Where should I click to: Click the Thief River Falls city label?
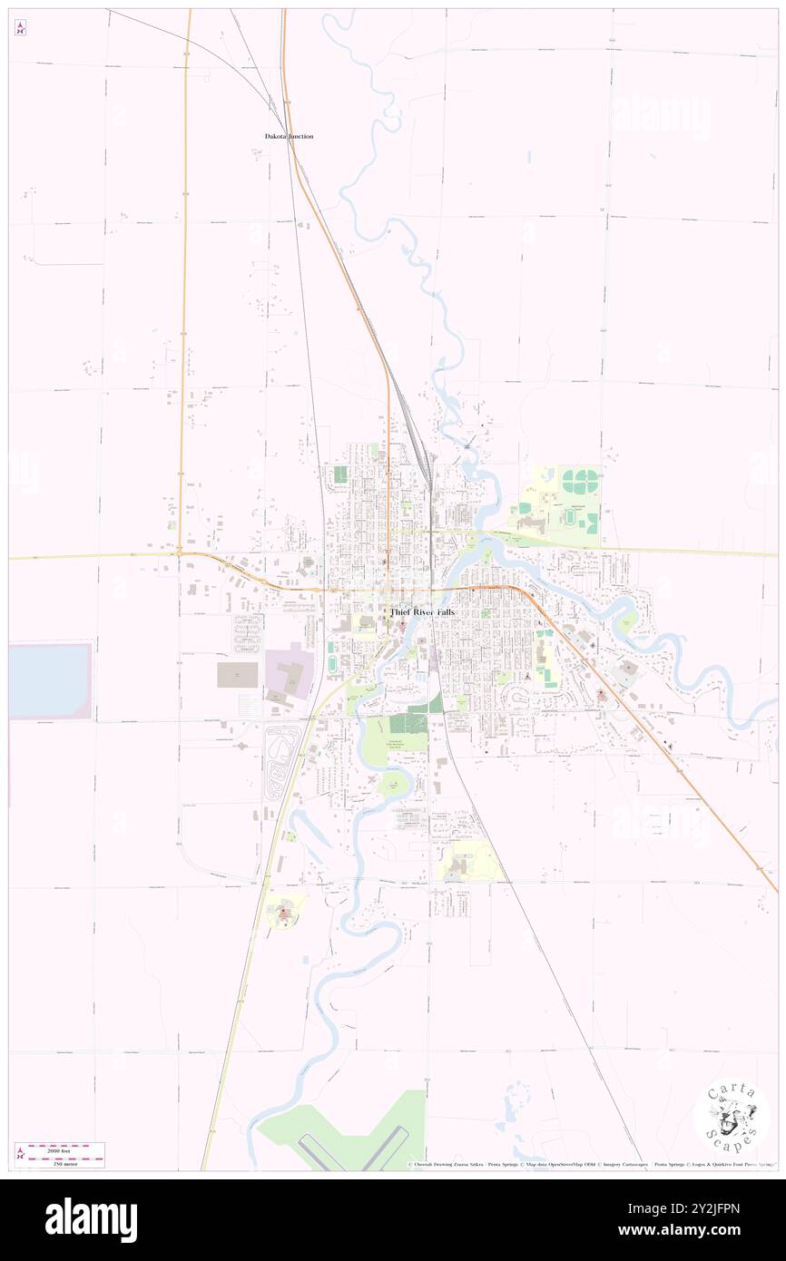tap(423, 612)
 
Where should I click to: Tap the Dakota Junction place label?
tap(289, 136)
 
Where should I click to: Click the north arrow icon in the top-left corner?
tap(20, 28)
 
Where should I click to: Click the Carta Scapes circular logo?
tap(731, 1118)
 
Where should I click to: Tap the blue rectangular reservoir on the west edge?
tap(50, 680)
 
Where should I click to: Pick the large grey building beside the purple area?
tap(231, 674)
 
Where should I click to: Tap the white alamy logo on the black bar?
tap(91, 1219)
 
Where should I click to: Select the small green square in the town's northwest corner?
tap(339, 474)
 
